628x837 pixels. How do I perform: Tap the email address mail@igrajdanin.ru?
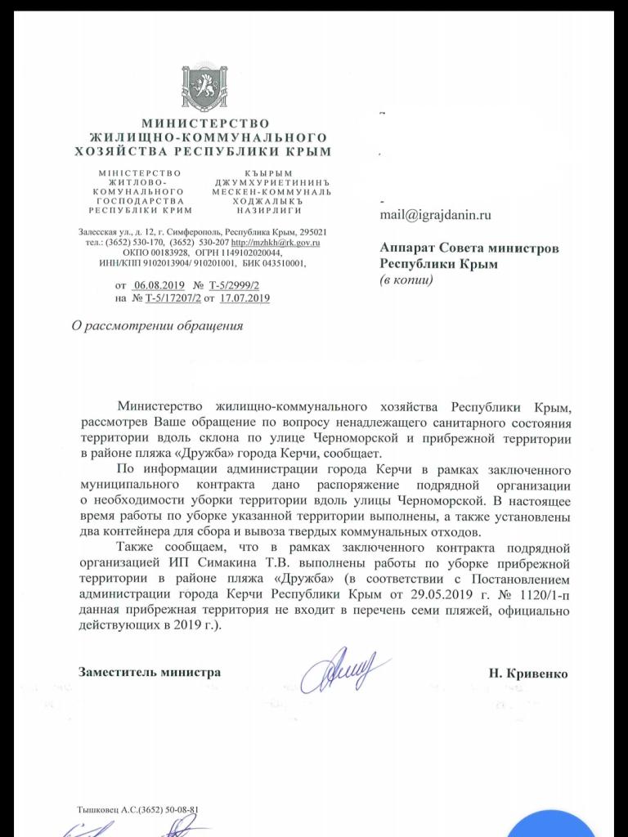pos(435,216)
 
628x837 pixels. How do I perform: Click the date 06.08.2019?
pos(159,284)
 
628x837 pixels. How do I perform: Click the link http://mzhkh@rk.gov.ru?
pos(276,243)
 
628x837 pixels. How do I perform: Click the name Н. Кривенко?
pos(528,673)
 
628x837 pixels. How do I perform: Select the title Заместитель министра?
pos(149,672)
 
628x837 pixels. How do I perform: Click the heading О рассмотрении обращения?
pos(157,327)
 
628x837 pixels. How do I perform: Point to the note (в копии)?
pos(406,280)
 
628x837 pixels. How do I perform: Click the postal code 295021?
pos(314,231)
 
